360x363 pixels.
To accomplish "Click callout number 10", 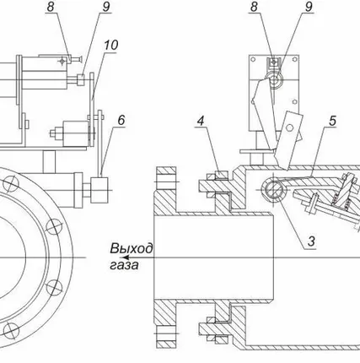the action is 111,45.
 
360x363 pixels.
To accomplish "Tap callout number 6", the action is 121,120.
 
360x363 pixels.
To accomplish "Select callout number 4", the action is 201,121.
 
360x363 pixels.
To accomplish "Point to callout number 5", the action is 332,121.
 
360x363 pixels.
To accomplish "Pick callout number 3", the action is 311,241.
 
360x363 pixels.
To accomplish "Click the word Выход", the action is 132,249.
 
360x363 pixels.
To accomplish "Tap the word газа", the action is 124,265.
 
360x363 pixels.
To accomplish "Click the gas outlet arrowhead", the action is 125,257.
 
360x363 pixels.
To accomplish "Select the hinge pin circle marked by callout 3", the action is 274,190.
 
